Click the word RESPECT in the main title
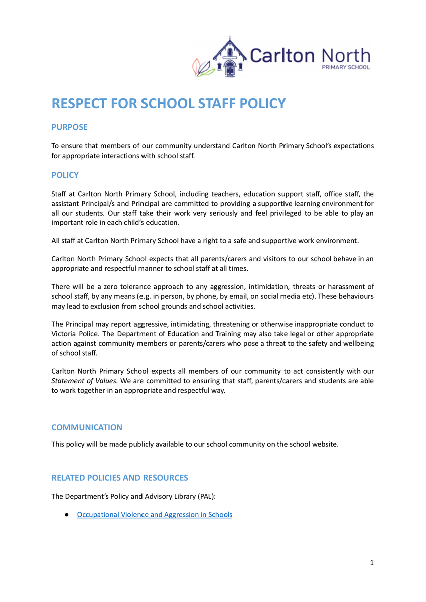click(82, 103)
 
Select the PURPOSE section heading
click(69, 127)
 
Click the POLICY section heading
click(65, 175)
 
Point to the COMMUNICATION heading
click(87, 427)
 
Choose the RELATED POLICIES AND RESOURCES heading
click(119, 478)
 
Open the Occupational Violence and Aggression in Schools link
click(155, 514)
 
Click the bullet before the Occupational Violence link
click(66, 515)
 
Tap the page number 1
click(372, 563)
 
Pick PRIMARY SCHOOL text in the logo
click(346, 68)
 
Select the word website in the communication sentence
click(324, 444)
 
